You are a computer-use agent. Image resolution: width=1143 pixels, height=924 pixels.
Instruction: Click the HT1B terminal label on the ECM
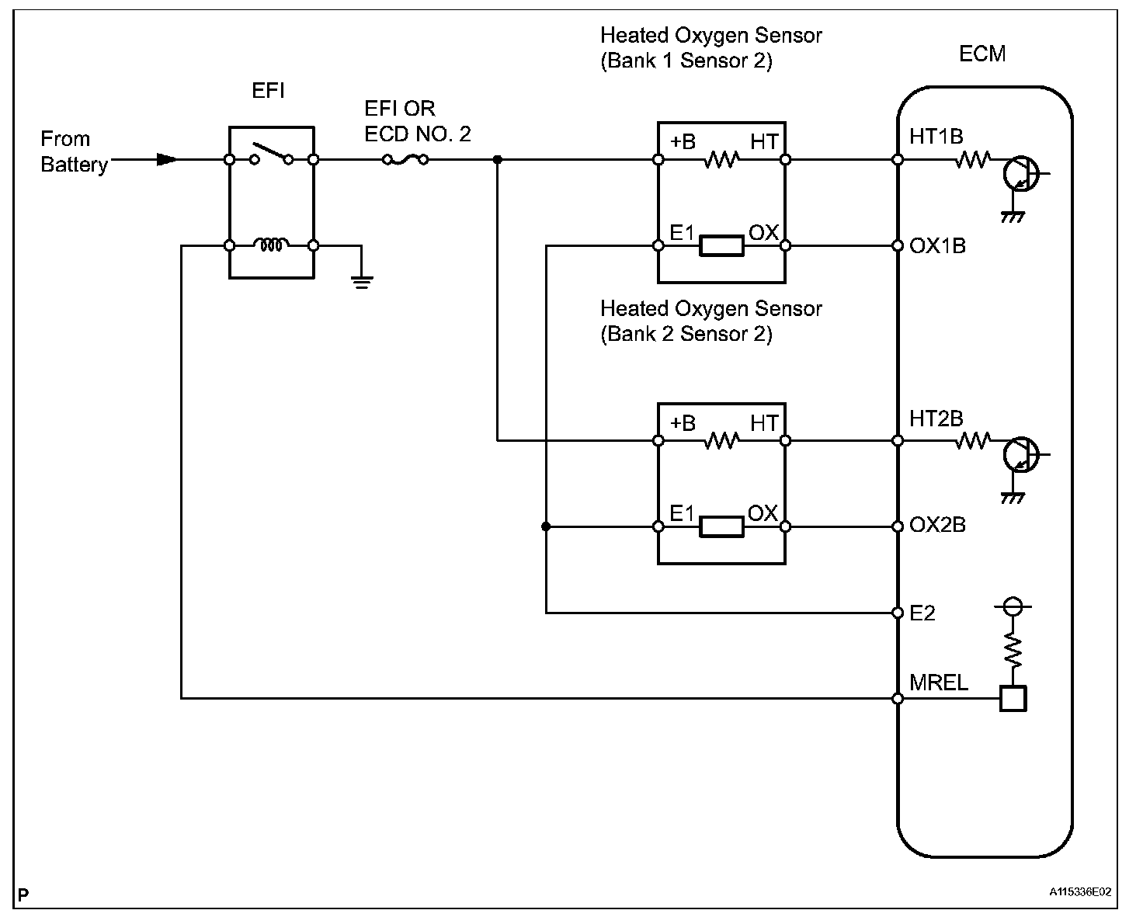[936, 137]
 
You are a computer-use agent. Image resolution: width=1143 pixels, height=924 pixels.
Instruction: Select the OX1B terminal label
[937, 246]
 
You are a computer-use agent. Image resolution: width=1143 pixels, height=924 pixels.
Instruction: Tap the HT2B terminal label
[936, 419]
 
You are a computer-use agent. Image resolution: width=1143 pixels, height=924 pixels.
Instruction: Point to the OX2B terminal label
[937, 526]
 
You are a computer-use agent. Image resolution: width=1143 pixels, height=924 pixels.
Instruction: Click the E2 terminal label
[922, 613]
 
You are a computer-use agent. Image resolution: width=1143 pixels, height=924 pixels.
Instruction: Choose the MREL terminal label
[939, 683]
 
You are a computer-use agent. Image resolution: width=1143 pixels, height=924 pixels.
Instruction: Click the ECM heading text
[982, 54]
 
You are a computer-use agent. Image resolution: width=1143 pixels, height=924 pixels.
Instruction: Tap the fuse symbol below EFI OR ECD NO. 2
[405, 160]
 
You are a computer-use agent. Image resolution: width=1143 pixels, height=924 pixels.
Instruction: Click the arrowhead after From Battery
[166, 160]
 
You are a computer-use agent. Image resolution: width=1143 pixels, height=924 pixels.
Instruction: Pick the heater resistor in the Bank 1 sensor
[721, 160]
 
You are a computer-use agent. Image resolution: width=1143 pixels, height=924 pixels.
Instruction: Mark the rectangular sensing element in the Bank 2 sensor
[721, 527]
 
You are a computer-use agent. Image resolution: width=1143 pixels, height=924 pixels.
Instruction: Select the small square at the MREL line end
[1013, 699]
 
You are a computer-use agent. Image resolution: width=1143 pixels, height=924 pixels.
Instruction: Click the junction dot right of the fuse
[498, 160]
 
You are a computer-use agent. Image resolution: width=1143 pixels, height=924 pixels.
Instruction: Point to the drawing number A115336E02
[1081, 893]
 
